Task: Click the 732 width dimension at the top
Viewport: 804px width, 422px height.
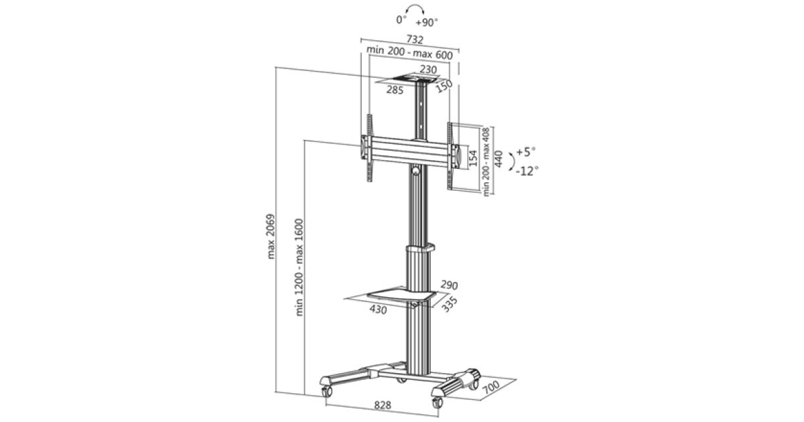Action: click(x=415, y=39)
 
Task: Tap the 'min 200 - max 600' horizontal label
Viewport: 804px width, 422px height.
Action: click(x=409, y=52)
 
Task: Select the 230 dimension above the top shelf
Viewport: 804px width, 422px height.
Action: click(x=428, y=69)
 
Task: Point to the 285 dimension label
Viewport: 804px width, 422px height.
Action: click(x=395, y=90)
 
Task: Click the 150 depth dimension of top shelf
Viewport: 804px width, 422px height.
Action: click(x=444, y=86)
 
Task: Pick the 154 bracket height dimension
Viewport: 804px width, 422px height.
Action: click(x=473, y=158)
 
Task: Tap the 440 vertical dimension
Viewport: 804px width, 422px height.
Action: click(x=498, y=159)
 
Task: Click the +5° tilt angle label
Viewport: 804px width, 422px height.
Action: click(x=526, y=151)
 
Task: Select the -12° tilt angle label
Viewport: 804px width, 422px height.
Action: click(x=527, y=171)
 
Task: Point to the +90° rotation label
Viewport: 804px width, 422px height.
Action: click(x=427, y=22)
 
